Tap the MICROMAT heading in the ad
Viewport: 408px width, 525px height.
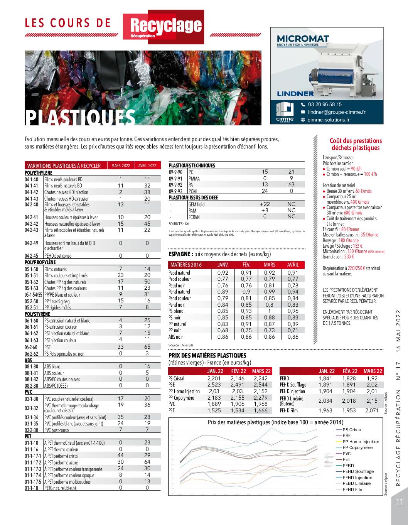(303, 39)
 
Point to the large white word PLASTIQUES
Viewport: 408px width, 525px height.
(81, 117)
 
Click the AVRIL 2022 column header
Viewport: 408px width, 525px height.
(147, 165)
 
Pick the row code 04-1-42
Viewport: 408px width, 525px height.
(32, 192)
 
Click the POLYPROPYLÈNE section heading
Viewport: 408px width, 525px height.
(40, 262)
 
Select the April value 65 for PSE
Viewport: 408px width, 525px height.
(147, 347)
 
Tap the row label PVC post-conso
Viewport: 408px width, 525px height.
(57, 430)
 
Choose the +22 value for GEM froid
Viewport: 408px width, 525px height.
(265, 204)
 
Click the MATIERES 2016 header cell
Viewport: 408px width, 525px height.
(186, 265)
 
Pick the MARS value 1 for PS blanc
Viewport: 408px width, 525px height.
(270, 311)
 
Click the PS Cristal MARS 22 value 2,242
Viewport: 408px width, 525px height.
(261, 378)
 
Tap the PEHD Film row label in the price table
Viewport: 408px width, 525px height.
(289, 411)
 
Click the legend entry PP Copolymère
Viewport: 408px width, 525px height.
(357, 447)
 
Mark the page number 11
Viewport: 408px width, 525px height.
(399, 501)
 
